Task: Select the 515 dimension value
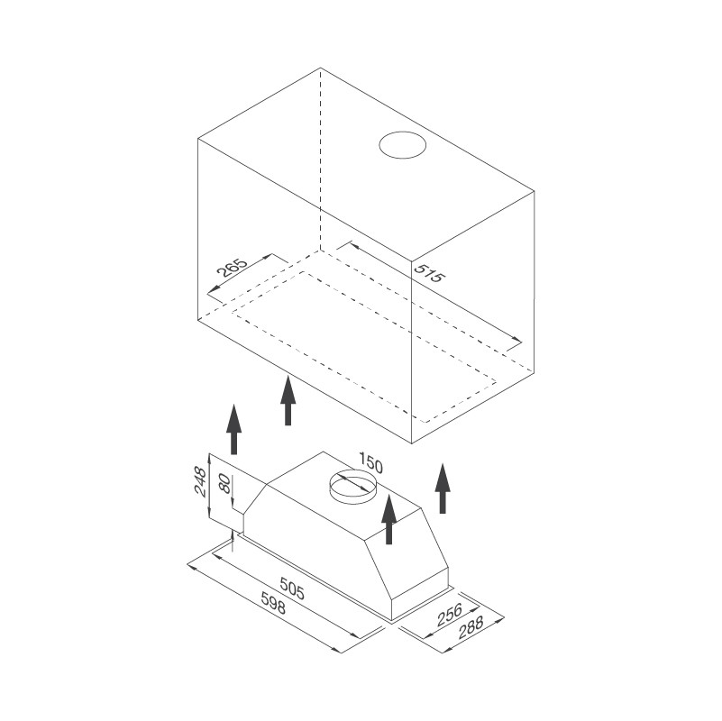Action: point(428,272)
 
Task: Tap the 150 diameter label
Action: point(370,466)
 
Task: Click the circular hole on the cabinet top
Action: point(402,145)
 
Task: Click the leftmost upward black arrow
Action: point(233,429)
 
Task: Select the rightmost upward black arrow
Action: point(442,488)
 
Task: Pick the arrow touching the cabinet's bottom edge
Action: point(288,400)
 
